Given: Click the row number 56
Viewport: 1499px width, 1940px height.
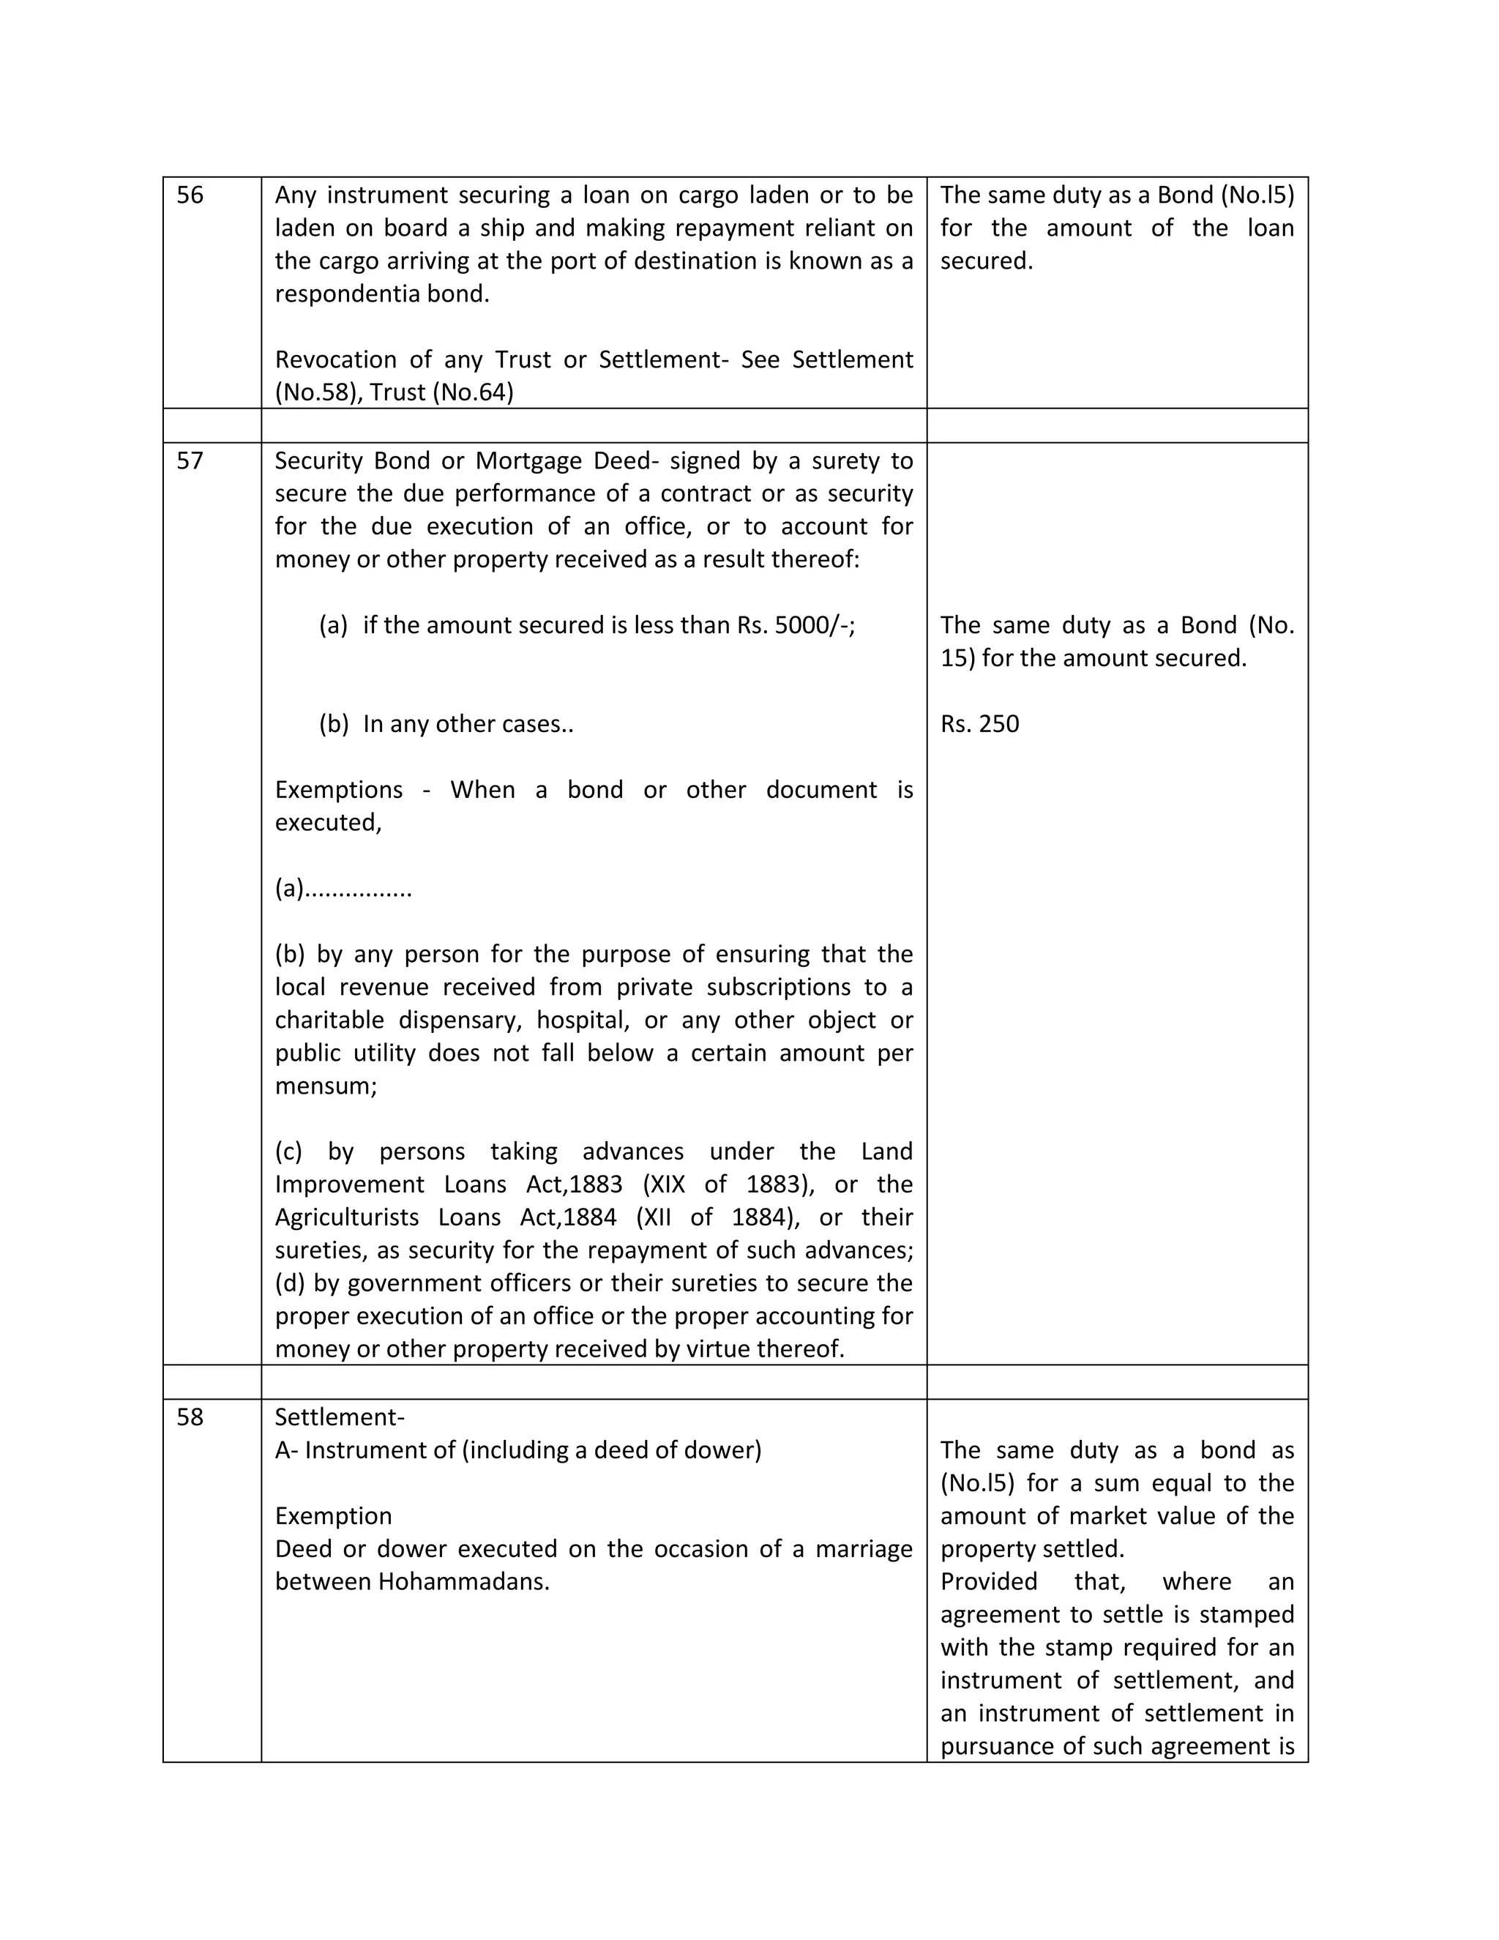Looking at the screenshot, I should pos(190,195).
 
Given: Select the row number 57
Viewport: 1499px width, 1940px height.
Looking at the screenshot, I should pos(190,461).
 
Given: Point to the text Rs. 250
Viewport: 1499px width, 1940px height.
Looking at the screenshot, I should pos(979,724).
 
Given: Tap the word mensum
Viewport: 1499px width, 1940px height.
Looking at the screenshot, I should pos(325,1086).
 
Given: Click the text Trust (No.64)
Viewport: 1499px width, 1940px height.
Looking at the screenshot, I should pos(441,392).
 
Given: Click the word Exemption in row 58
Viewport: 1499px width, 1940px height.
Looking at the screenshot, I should pos(333,1516).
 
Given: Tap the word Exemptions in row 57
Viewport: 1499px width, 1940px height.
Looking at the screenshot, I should pos(338,790).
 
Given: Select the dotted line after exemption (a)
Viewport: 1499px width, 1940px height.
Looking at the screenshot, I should pos(359,889).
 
